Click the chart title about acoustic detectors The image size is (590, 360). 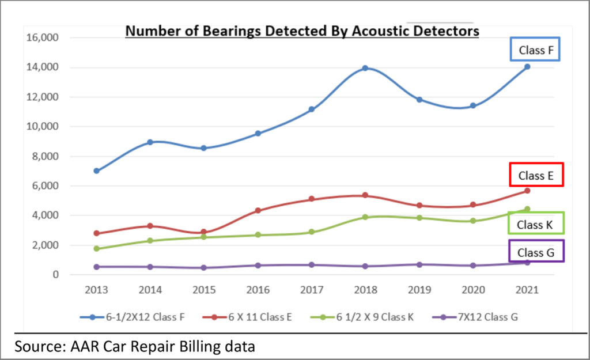tap(302, 31)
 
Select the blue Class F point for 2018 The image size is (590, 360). tap(365, 68)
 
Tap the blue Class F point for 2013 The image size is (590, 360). tap(96, 171)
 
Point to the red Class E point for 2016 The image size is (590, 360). tap(258, 211)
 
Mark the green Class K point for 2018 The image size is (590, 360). tap(365, 217)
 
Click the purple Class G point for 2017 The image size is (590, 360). tap(311, 265)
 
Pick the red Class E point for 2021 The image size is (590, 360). tap(527, 191)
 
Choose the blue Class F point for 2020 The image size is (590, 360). tap(472, 105)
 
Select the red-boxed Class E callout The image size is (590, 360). tap(535, 176)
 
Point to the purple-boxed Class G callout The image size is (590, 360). tap(536, 252)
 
